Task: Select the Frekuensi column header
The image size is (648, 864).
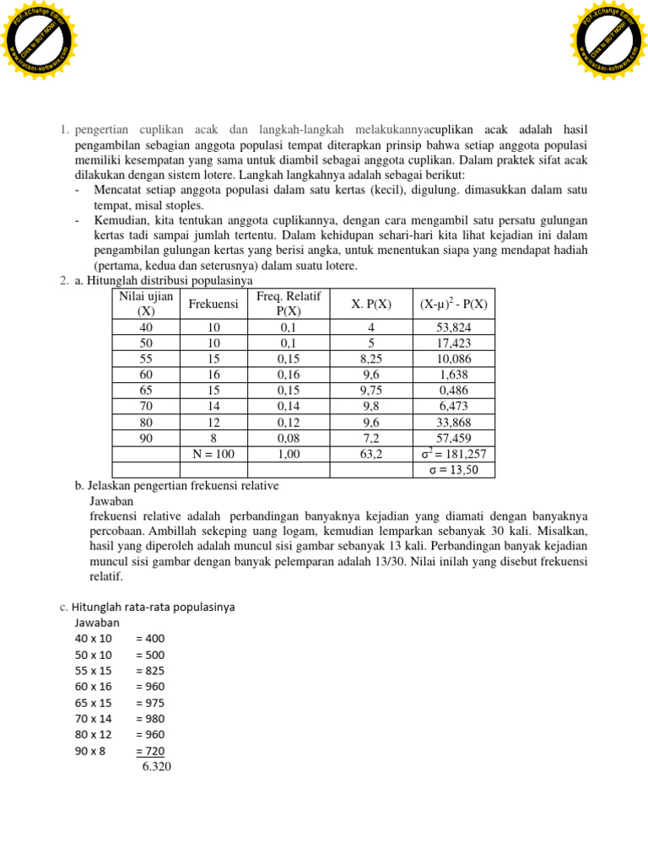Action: click(213, 304)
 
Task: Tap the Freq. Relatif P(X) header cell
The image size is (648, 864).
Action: click(289, 304)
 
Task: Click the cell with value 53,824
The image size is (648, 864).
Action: click(454, 327)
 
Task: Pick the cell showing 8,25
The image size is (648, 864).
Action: click(371, 359)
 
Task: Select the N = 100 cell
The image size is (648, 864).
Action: click(213, 454)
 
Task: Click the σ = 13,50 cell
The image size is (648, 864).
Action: click(454, 470)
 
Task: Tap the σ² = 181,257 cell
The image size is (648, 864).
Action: click(454, 454)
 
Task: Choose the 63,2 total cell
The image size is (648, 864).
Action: click(371, 454)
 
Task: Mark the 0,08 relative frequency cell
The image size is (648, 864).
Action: click(289, 438)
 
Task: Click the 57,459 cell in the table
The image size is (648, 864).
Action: click(454, 438)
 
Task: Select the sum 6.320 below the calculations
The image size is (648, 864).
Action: click(157, 767)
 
